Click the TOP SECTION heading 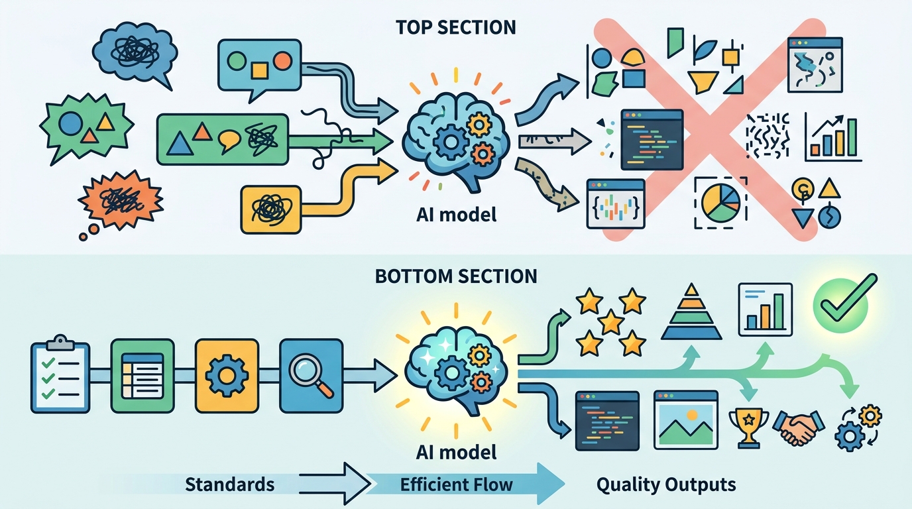[456, 27]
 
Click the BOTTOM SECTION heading [456, 276]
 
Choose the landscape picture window [685, 419]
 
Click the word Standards [229, 484]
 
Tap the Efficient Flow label [457, 484]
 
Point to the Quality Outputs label [666, 484]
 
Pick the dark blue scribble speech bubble [135, 51]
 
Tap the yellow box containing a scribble [270, 209]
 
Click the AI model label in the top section [456, 215]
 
